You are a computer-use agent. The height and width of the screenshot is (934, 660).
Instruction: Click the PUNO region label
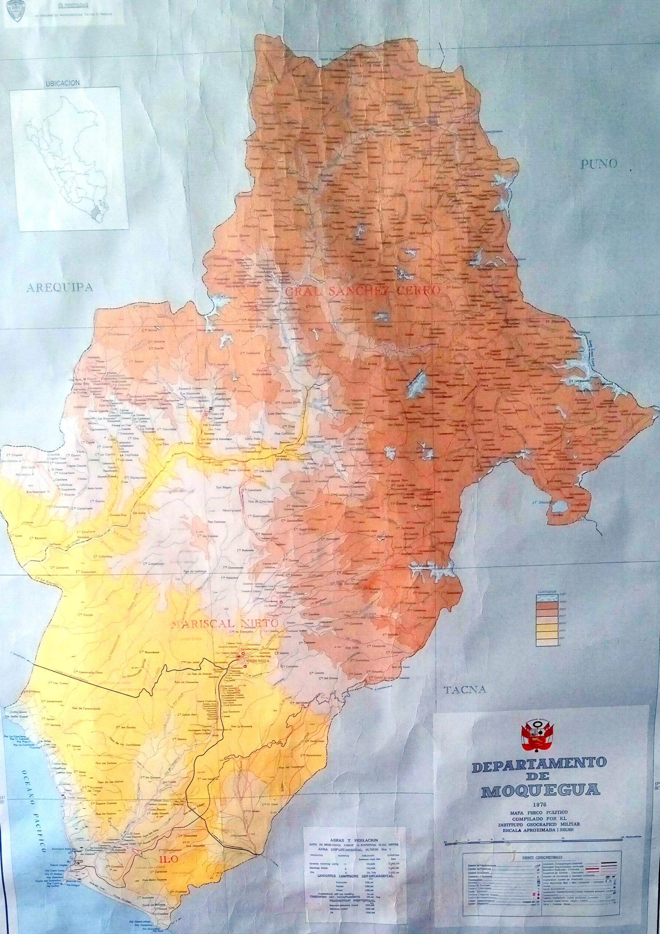[599, 164]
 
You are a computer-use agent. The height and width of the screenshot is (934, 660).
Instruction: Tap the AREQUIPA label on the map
[60, 288]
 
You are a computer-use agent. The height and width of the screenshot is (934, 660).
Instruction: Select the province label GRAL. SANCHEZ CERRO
[363, 291]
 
